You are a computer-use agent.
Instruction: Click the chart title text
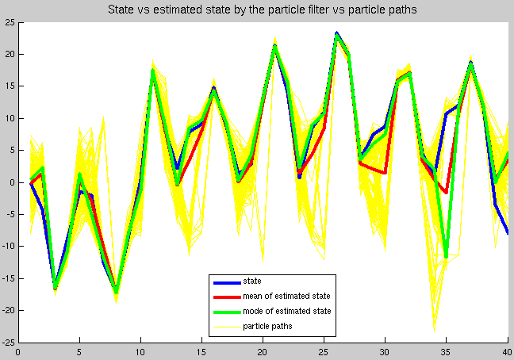[263, 10]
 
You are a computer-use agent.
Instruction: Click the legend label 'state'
[252, 281]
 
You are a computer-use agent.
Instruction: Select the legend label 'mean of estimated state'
[286, 296]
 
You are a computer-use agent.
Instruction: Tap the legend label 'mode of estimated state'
[287, 311]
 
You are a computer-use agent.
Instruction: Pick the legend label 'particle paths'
[267, 326]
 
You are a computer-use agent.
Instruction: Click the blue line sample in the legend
[227, 283]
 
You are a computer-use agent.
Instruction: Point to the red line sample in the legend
[227, 297]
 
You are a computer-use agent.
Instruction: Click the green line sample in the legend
[227, 312]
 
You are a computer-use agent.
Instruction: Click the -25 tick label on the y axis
[8, 343]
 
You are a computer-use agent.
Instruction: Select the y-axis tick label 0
[13, 182]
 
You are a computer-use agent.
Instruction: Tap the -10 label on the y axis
[8, 247]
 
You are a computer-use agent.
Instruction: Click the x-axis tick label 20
[263, 352]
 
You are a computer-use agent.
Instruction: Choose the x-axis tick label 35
[446, 352]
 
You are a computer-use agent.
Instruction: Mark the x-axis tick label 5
[79, 352]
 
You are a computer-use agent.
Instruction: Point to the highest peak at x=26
[336, 34]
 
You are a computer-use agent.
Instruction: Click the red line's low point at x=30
[385, 173]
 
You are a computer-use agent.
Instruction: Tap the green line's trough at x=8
[116, 292]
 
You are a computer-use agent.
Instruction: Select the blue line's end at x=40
[508, 233]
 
